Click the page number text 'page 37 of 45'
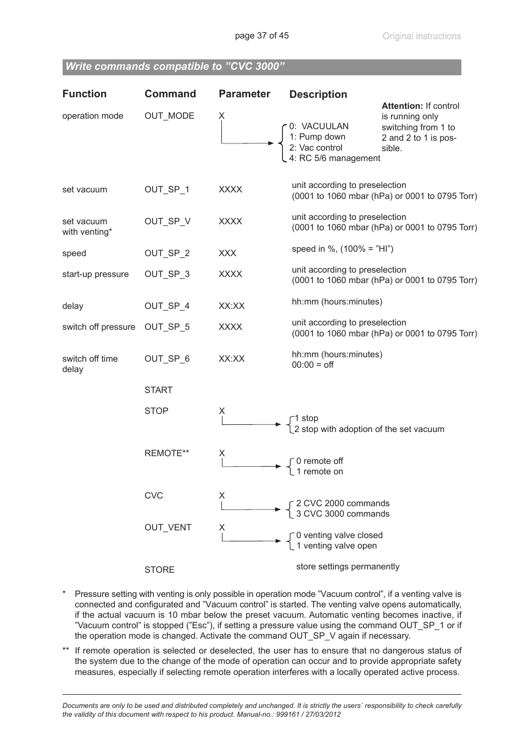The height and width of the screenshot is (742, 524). (261, 36)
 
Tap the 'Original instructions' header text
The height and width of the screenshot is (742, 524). (421, 36)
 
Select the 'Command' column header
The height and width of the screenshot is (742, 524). (170, 94)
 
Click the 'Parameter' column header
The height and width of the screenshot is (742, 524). (244, 94)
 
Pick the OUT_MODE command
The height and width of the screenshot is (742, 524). (169, 116)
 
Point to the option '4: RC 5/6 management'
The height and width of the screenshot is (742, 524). (335, 158)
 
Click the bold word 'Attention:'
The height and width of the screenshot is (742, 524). (402, 106)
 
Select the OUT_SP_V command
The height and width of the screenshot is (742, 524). (168, 222)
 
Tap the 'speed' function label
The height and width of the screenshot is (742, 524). (74, 253)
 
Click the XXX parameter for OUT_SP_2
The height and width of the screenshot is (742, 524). (227, 253)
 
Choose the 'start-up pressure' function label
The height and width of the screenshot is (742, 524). (95, 274)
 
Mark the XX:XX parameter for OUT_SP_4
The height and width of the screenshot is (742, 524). (231, 306)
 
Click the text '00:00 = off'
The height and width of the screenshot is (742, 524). (313, 365)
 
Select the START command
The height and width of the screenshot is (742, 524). (158, 390)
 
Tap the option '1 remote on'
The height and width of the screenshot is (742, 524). (319, 472)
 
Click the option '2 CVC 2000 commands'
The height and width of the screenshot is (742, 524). (342, 503)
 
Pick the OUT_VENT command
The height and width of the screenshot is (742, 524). (168, 528)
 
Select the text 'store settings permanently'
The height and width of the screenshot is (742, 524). (347, 567)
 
